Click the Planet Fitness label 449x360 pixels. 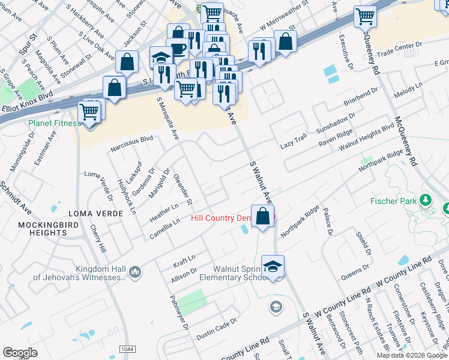(x=53, y=123)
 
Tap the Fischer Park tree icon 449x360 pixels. (x=426, y=199)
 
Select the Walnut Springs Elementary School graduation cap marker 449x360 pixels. (x=273, y=266)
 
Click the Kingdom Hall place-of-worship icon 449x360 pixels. (x=134, y=272)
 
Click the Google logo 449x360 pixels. (x=20, y=353)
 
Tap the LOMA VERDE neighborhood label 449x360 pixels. (x=91, y=214)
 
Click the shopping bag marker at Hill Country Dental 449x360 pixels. (x=262, y=217)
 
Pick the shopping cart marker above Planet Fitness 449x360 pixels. (x=90, y=111)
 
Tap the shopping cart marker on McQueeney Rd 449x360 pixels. (x=365, y=17)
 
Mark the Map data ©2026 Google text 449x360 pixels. (x=412, y=355)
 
